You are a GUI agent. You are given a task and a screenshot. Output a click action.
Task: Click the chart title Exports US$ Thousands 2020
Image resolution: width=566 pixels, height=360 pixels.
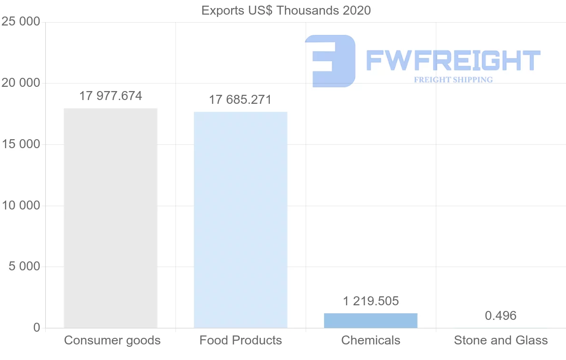pos(286,10)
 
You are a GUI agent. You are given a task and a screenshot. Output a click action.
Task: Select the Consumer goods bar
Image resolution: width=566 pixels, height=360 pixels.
pos(110,218)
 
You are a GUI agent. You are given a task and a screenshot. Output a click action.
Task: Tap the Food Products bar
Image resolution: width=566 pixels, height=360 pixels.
pos(241,220)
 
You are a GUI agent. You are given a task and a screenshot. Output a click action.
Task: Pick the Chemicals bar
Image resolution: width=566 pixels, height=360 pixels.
pos(371,320)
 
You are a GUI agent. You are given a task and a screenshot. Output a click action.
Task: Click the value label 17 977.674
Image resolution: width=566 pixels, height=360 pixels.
pos(110,96)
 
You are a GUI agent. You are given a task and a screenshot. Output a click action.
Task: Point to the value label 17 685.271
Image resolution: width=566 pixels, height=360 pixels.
pos(241,100)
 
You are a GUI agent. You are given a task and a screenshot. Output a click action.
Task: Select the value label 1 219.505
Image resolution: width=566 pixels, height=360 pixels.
pos(371,301)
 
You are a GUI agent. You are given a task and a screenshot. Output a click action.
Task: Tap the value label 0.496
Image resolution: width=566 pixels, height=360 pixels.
pos(501,316)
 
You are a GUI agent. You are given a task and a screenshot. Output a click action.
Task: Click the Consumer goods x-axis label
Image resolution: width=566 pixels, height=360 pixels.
pos(112,340)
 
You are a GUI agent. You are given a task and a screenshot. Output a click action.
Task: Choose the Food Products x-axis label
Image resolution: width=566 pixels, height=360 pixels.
pos(241,340)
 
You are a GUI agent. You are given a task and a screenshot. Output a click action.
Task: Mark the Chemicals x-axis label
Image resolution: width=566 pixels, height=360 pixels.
pos(371,340)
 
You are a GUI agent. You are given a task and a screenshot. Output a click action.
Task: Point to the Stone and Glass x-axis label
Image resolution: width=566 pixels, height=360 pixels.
pos(501,340)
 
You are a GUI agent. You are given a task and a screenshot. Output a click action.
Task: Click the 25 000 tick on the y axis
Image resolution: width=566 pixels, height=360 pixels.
pos(21,22)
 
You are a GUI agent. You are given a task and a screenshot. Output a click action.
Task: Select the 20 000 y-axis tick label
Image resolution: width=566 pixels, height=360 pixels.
pos(21,84)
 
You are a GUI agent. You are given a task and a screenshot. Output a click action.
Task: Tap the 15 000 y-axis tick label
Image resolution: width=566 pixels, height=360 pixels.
pos(21,144)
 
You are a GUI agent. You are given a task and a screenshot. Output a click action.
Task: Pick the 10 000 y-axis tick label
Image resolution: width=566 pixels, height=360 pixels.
pos(21,206)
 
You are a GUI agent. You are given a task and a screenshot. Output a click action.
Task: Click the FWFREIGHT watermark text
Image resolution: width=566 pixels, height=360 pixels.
pos(453,60)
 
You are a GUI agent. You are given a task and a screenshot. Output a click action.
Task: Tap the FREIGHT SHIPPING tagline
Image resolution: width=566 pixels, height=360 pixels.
pos(453,80)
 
